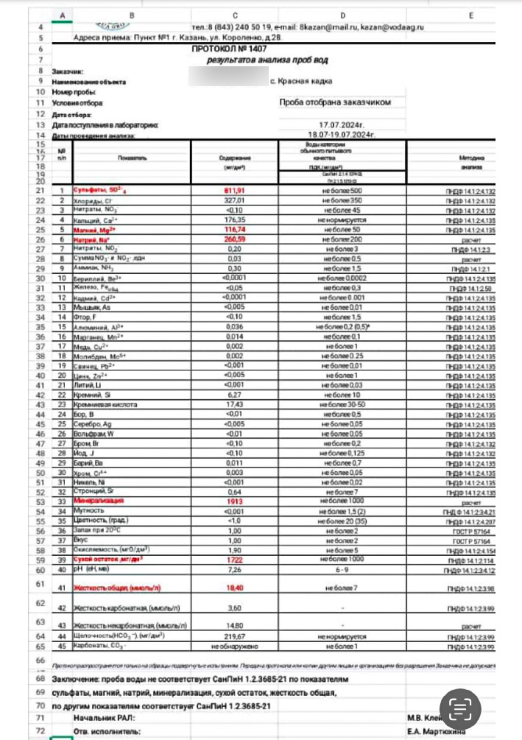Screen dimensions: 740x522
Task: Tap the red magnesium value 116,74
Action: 233,229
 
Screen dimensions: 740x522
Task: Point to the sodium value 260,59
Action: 233,239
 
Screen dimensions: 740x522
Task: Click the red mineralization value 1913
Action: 234,500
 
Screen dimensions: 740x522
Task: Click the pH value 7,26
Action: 234,568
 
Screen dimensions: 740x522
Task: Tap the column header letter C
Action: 234,15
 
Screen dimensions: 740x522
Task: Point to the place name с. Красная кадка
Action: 302,81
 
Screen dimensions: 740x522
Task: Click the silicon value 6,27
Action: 234,394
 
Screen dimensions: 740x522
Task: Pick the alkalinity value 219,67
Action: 234,635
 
